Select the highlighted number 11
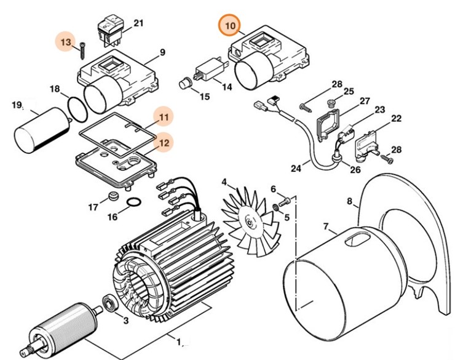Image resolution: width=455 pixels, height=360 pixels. [x=164, y=116]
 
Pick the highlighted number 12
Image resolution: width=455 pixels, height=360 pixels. [x=164, y=142]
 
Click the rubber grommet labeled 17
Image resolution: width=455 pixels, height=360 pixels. [x=112, y=197]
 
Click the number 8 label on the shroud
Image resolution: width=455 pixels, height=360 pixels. [x=350, y=201]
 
